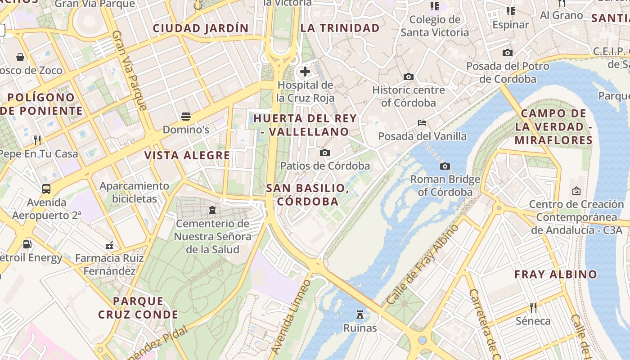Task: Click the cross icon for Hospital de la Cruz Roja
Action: click(x=305, y=72)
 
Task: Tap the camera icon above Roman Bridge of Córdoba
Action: click(x=445, y=166)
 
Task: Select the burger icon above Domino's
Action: click(x=186, y=117)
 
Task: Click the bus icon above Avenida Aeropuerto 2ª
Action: click(x=46, y=189)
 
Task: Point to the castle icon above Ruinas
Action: click(x=360, y=314)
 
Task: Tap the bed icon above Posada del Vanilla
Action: click(x=422, y=122)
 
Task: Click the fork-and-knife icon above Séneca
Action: click(x=533, y=308)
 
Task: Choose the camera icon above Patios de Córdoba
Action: click(x=324, y=153)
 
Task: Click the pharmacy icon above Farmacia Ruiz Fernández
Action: click(x=109, y=245)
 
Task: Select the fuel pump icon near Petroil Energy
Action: click(x=27, y=244)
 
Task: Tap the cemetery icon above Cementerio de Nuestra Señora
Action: click(x=212, y=210)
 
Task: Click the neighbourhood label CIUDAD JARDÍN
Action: click(x=201, y=28)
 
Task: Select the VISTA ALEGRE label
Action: click(x=187, y=156)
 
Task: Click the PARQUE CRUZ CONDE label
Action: click(x=139, y=308)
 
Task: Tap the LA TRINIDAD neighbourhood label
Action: click(x=340, y=28)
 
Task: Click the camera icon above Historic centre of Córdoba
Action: click(x=408, y=77)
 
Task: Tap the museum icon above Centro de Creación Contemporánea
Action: click(x=576, y=191)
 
